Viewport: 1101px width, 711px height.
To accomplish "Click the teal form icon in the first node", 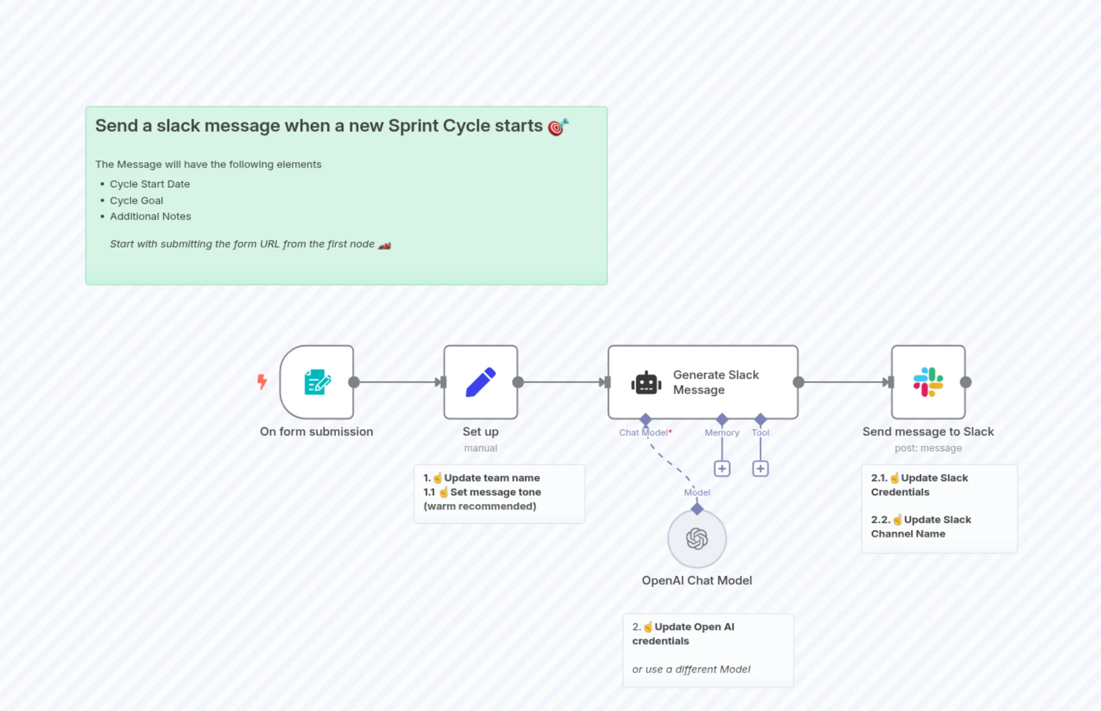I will coord(317,382).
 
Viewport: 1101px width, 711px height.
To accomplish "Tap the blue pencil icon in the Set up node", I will coord(480,382).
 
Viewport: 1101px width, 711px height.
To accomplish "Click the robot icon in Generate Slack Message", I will coord(646,383).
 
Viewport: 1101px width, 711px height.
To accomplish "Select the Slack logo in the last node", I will coord(928,382).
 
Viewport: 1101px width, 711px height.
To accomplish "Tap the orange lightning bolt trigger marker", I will coord(262,381).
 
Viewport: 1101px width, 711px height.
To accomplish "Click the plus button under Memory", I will coord(722,469).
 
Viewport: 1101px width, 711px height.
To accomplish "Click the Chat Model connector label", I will coord(643,433).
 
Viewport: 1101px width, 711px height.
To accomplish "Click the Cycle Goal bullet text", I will coord(136,200).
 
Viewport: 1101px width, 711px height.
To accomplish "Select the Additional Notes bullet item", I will coord(150,216).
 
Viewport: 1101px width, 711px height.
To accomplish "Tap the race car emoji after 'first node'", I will coord(384,245).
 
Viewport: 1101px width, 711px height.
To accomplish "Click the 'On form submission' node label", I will coord(316,431).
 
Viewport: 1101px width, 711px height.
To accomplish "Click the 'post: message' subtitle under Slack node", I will coord(928,448).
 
